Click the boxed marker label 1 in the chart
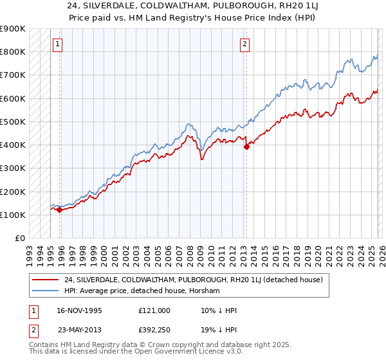pyautogui.click(x=58, y=44)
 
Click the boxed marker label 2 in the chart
pyautogui.click(x=245, y=44)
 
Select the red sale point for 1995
pyautogui.click(x=59, y=210)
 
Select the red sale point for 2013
pyautogui.click(x=246, y=147)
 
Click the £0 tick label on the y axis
pyautogui.click(x=20, y=238)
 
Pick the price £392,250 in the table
pyautogui.click(x=154, y=330)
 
